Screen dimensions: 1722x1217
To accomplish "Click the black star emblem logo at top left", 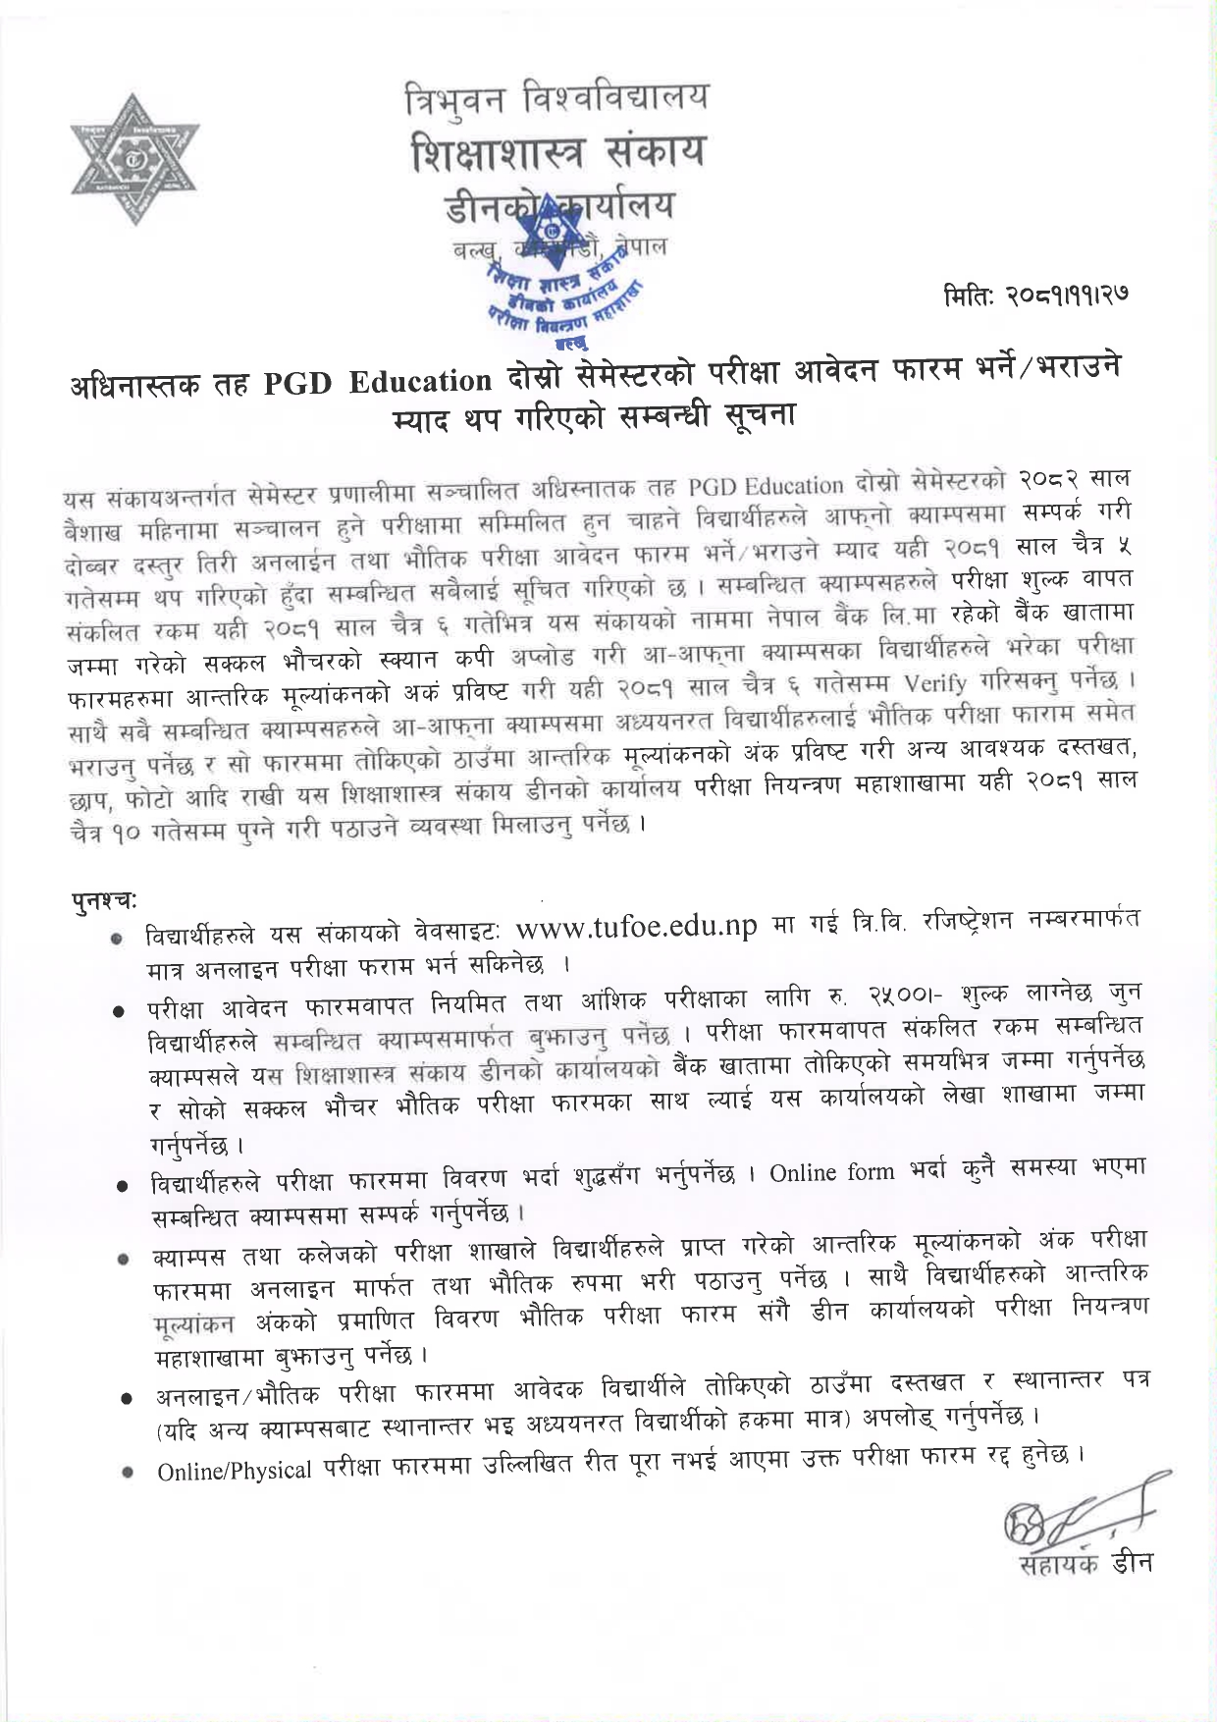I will click(x=132, y=159).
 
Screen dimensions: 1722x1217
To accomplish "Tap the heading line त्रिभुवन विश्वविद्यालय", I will click(x=557, y=98).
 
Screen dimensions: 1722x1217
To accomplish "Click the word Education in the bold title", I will click(x=420, y=381).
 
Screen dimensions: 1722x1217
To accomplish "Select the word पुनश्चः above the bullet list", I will click(x=103, y=898).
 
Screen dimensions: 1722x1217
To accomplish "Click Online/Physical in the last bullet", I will click(x=235, y=1471).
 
